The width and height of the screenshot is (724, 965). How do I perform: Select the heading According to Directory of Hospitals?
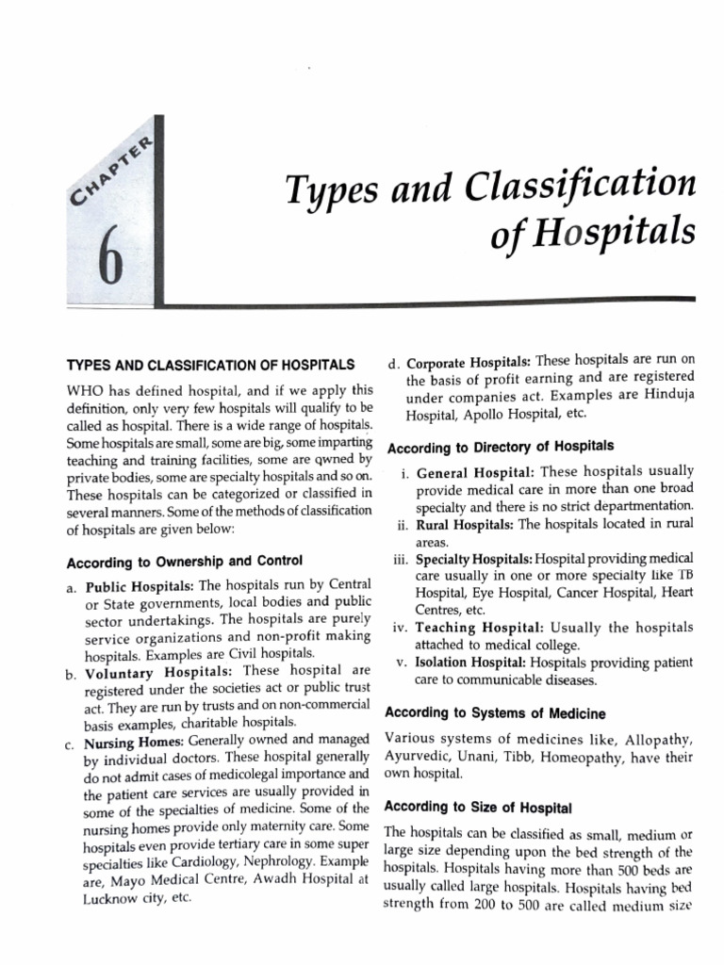[x=501, y=446]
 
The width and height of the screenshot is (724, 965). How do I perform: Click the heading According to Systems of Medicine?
[x=495, y=713]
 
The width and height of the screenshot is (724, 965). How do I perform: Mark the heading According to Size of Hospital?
[x=480, y=808]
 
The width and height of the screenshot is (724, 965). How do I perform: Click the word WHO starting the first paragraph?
[x=84, y=388]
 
